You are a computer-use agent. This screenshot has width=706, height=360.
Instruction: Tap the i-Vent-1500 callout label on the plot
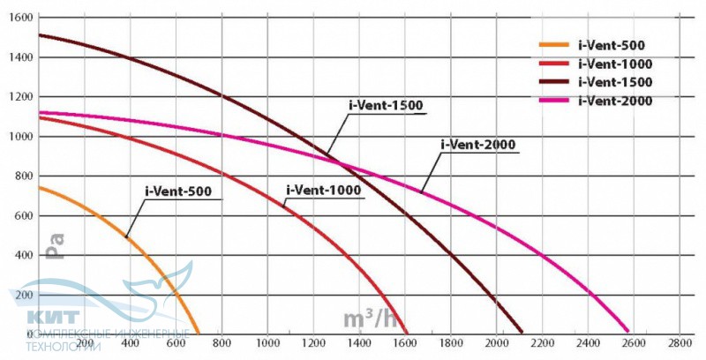[x=387, y=106]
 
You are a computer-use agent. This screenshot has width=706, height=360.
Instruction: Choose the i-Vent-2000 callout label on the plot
[x=477, y=144]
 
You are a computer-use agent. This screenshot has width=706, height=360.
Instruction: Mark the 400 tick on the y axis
[x=24, y=255]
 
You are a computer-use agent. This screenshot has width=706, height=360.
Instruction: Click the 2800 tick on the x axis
[x=680, y=342]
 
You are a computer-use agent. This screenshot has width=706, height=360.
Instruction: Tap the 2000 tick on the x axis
[x=497, y=342]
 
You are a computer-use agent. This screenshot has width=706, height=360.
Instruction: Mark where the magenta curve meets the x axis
[x=628, y=333]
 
